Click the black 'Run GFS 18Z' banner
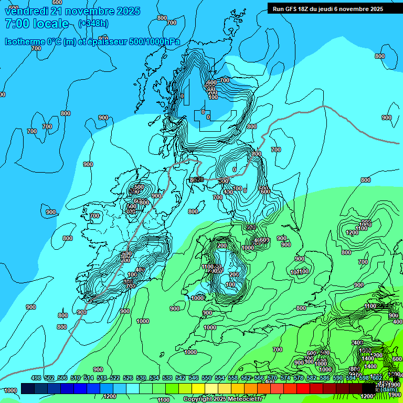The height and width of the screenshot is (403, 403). (x=328, y=9)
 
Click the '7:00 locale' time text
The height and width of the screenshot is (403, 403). (x=36, y=24)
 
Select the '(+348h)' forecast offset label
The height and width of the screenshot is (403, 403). (x=93, y=24)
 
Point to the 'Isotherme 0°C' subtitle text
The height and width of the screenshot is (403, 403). (x=33, y=41)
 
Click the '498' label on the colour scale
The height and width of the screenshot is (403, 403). (x=36, y=378)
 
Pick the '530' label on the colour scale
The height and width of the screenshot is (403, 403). (x=141, y=378)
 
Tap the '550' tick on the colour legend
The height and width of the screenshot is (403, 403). (x=206, y=378)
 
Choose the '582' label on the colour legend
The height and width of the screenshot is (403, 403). (x=311, y=378)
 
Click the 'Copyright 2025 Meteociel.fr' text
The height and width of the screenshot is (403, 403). (x=222, y=399)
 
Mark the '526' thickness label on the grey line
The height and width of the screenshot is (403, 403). (x=198, y=179)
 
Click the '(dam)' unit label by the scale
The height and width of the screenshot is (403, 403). (x=389, y=389)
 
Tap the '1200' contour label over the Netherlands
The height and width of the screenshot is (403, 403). (x=352, y=232)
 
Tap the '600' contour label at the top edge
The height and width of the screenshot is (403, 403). (x=58, y=2)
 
